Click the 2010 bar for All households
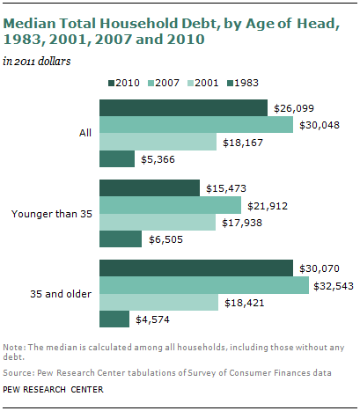pos(183,107)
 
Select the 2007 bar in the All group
pos(195,125)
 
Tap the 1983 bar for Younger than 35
pos(120,239)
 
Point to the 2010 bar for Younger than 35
pos(150,187)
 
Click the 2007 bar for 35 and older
pos(203,285)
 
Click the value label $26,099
pos(293,107)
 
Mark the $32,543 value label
pos(335,285)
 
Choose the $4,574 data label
pos(155,319)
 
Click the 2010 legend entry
pos(128,84)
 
